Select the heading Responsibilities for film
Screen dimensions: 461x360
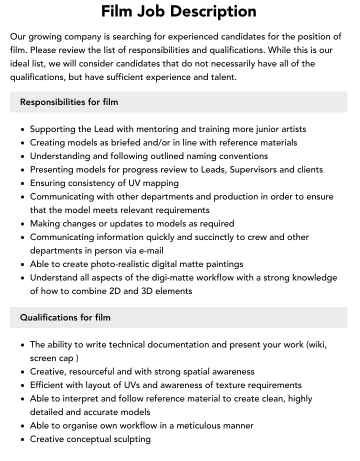(x=69, y=102)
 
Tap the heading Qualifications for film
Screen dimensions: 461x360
(x=65, y=317)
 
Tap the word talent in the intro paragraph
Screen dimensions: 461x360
(x=223, y=77)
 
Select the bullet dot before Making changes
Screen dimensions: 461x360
(x=23, y=224)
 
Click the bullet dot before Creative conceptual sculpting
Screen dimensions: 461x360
(x=23, y=439)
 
